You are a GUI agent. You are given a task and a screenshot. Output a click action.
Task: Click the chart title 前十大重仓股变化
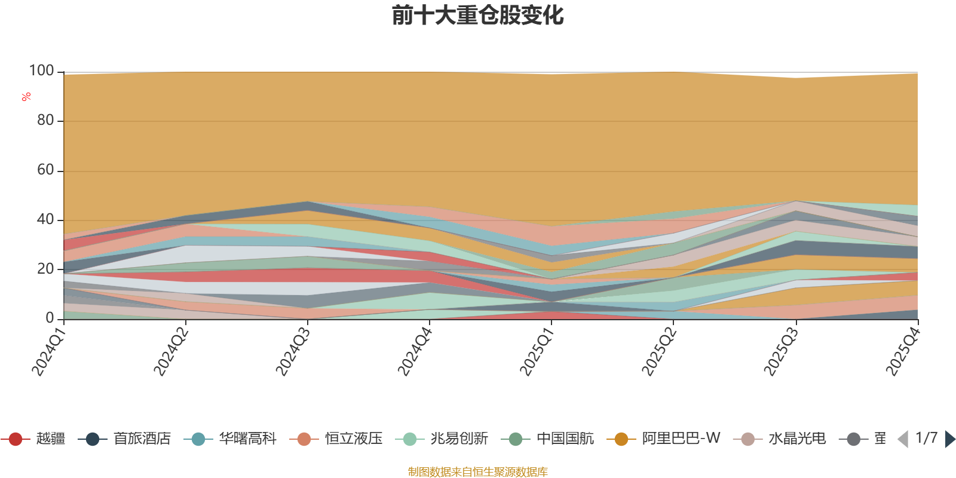point(477,16)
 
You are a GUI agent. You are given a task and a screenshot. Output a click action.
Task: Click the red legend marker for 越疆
point(16,439)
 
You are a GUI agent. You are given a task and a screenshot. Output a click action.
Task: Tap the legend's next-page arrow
point(949,439)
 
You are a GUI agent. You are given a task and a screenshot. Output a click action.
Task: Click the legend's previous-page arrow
point(903,439)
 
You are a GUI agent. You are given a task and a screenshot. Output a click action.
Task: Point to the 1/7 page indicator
point(926,438)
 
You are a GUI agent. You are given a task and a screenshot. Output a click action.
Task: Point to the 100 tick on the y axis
point(41,71)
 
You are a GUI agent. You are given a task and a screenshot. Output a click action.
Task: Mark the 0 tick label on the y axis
point(50,318)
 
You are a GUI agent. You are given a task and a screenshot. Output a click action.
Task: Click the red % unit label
point(26,97)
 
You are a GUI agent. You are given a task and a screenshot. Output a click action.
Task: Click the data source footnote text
point(477,472)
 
